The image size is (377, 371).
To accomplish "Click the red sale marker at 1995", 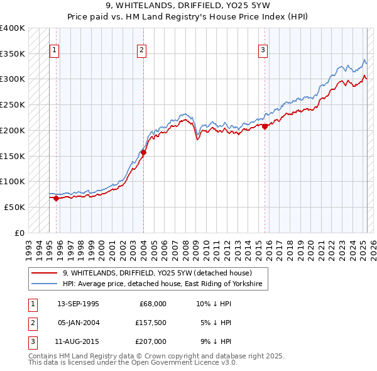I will pos(56,198).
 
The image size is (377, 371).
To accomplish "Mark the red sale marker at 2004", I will pos(143,152).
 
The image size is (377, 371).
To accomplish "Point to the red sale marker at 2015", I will pos(265,126).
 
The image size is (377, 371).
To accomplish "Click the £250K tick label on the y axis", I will pos(13,104).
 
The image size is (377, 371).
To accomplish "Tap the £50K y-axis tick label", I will pos(16,207).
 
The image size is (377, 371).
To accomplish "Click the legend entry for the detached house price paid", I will pos(157,273).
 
